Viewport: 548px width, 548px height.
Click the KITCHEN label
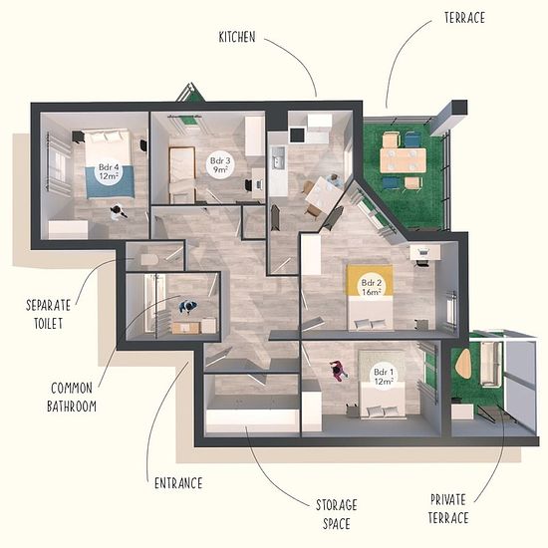click(x=237, y=37)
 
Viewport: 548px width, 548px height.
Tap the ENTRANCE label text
click(x=178, y=483)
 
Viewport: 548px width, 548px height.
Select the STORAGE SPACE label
click(x=336, y=514)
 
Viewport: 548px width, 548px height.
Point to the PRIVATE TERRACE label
click(x=448, y=508)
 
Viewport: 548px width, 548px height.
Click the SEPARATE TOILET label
click(x=48, y=314)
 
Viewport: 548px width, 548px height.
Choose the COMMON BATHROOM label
click(x=72, y=397)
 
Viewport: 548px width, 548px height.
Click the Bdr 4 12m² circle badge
click(x=109, y=171)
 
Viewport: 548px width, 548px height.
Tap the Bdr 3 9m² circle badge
click(x=220, y=165)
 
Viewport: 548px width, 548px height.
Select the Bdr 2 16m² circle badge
click(x=372, y=287)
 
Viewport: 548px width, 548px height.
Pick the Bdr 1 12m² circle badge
click(x=384, y=376)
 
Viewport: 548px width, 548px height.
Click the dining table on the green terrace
click(x=403, y=160)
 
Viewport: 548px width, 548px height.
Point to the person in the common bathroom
click(x=188, y=307)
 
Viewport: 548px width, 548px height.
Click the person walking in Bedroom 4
click(x=119, y=212)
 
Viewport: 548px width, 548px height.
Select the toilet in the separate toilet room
click(x=149, y=259)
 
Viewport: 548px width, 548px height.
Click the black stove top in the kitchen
click(x=297, y=136)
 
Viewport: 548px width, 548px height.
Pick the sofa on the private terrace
click(x=489, y=364)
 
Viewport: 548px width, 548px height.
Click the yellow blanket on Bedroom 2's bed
click(x=370, y=280)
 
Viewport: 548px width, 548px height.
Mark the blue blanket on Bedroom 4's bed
click(x=110, y=181)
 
